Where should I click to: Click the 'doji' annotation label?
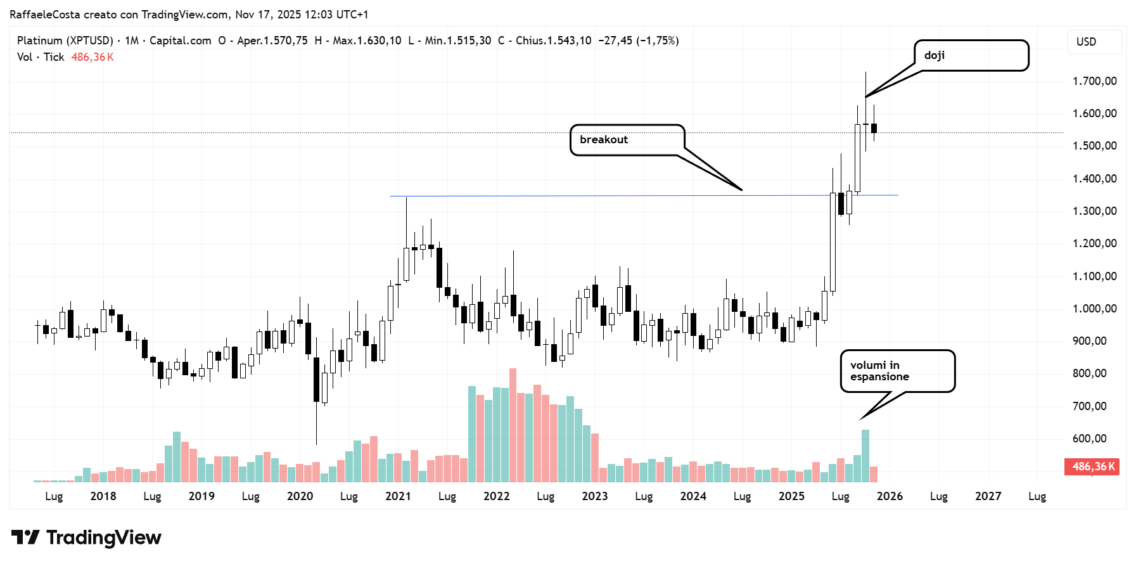[x=935, y=55]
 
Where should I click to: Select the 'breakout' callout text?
[x=603, y=139]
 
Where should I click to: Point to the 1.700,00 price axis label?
[x=1094, y=81]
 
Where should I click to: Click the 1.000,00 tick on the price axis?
[x=1094, y=309]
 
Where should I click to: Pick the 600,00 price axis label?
[x=1089, y=439]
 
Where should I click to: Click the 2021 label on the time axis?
[x=398, y=496]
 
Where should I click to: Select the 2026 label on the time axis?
[x=890, y=496]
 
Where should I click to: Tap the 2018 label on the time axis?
[x=103, y=496]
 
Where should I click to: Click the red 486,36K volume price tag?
[x=1092, y=467]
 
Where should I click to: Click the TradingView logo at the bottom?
[x=86, y=537]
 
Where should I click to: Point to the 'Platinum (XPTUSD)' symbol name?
[x=65, y=41]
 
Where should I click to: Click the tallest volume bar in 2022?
[x=513, y=425]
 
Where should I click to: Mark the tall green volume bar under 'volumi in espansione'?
[x=865, y=455]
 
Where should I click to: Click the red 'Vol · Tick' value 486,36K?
[x=93, y=57]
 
